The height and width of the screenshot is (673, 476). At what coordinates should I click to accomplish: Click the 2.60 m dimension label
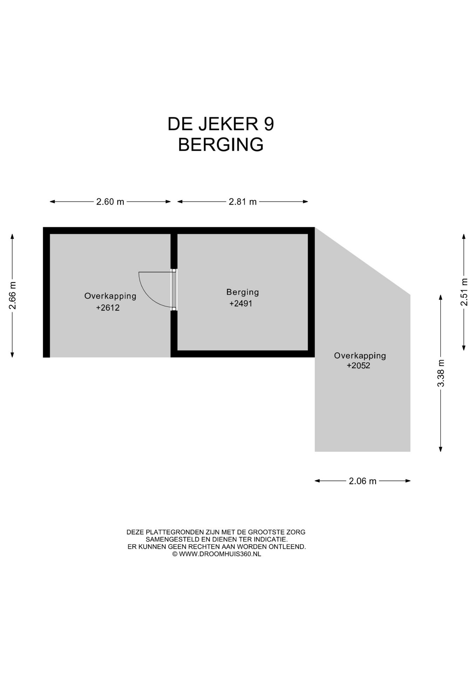click(x=110, y=202)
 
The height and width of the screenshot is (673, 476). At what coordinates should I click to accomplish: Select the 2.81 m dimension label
click(x=243, y=202)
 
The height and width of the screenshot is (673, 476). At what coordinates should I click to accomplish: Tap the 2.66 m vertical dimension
click(x=12, y=295)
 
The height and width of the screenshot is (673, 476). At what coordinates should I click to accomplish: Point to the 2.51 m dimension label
click(x=464, y=292)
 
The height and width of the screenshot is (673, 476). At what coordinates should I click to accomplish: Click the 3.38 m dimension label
click(x=441, y=373)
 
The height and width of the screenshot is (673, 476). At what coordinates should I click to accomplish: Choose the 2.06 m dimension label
click(x=362, y=481)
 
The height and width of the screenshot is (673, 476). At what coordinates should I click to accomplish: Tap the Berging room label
click(x=243, y=292)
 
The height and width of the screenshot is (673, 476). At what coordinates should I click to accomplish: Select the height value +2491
click(x=241, y=304)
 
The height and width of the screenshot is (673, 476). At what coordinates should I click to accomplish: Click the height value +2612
click(x=108, y=308)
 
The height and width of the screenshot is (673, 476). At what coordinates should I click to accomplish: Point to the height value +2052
click(x=359, y=366)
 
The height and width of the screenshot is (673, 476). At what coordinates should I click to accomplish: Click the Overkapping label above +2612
click(x=110, y=296)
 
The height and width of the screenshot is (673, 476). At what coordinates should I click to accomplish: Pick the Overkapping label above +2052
click(x=360, y=356)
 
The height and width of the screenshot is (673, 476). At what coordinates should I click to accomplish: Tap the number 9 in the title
click(x=269, y=124)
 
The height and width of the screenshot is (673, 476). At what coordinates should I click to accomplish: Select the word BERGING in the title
click(x=221, y=144)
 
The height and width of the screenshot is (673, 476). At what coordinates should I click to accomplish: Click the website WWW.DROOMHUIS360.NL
click(x=220, y=554)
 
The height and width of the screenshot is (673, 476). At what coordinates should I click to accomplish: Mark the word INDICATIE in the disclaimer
click(x=271, y=539)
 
